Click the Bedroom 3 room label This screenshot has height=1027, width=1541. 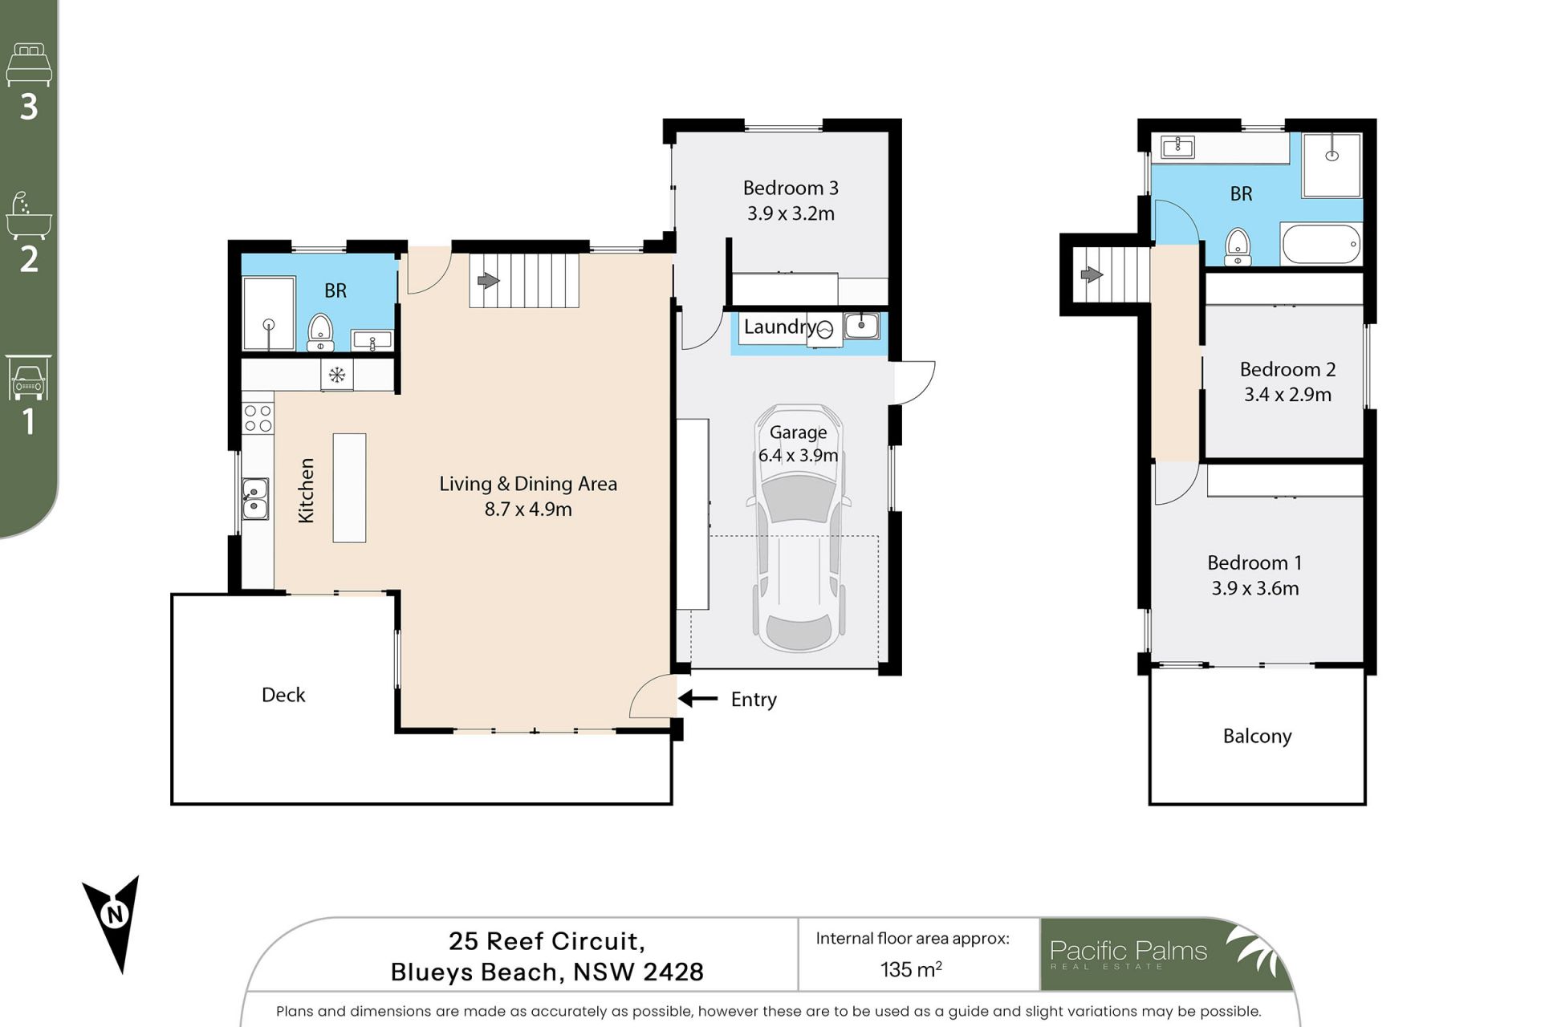pos(791,188)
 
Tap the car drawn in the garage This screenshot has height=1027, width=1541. pos(799,530)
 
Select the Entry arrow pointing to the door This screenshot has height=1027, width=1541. pos(697,699)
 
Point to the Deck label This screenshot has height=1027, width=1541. pos(283,695)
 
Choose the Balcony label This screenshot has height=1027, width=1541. pos(1257,737)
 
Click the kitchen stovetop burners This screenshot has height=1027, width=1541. pos(258,419)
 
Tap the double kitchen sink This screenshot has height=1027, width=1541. pos(255,499)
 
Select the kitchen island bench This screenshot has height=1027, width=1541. pos(349,488)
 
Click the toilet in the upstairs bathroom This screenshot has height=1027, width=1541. pos(1238,246)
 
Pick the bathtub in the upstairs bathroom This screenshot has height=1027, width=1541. pos(1321,244)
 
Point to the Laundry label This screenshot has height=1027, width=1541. pos(779,327)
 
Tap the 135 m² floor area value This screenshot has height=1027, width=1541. pos(911,969)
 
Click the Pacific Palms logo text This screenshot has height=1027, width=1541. pos(1128,951)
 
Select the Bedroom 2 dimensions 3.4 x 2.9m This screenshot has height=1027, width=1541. pos(1287,395)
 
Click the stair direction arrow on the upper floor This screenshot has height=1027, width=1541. pos(1092,275)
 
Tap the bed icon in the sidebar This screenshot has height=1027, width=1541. pos(29,64)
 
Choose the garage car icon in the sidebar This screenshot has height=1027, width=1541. pos(29,377)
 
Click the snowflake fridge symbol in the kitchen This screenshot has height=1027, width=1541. pos(337,375)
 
